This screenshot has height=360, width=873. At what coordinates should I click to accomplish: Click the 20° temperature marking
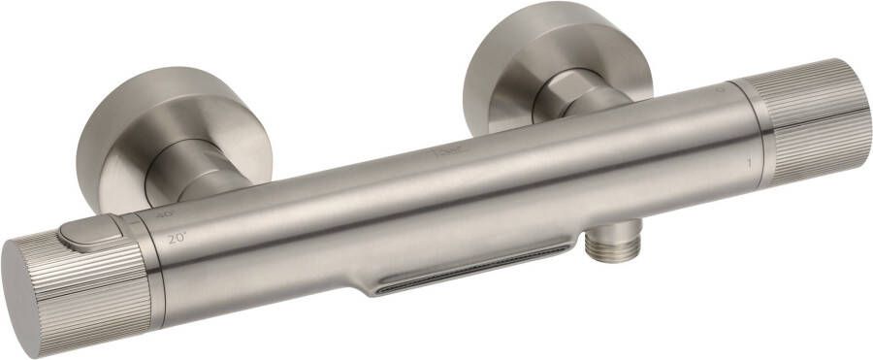(x=177, y=238)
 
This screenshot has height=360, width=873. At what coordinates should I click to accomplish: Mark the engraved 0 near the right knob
(x=720, y=88)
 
